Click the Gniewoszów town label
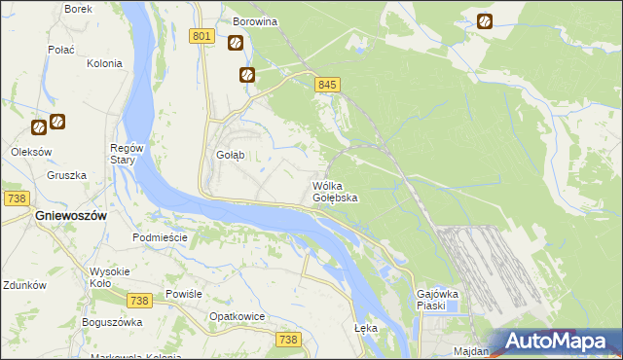coord(70,216)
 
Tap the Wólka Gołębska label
coord(335,192)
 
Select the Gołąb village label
coord(230,156)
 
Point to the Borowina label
coord(255,20)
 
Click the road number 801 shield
coord(202,37)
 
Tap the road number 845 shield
coord(327,86)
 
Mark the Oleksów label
coord(30,151)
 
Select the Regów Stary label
coord(128,154)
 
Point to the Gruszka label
coord(66,176)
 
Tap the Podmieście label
coord(158,237)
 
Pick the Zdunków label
coord(24,286)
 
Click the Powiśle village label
coord(183,294)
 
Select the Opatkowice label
coord(238,317)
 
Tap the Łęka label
coord(366,329)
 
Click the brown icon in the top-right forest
coord(485,20)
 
